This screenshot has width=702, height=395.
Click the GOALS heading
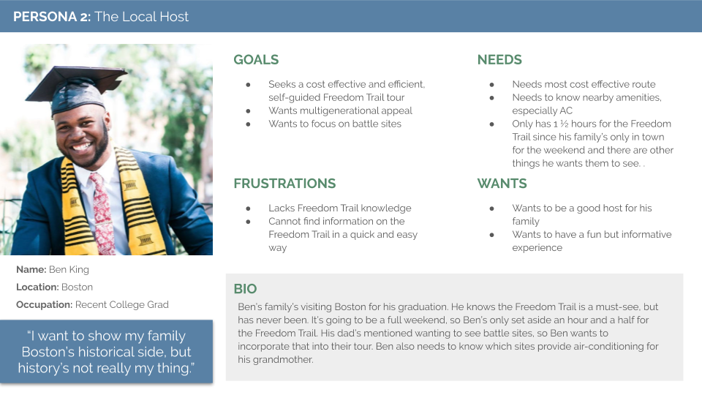coord(256,59)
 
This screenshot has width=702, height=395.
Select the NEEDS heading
coord(499,59)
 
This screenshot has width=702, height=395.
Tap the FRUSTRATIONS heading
coord(284,184)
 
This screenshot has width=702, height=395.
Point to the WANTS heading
coord(502,184)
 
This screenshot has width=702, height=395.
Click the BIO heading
coord(246,289)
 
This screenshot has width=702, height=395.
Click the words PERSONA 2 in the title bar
coord(51,17)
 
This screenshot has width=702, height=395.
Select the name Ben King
coord(69,270)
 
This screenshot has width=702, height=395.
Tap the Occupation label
coord(45,305)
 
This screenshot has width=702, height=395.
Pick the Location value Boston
coord(77,287)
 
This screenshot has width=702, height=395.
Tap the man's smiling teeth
coord(82,147)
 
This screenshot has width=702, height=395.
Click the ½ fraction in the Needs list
coord(564,124)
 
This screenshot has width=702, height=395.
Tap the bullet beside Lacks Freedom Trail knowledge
coord(248,208)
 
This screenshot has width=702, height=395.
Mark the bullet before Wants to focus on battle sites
coord(248,124)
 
